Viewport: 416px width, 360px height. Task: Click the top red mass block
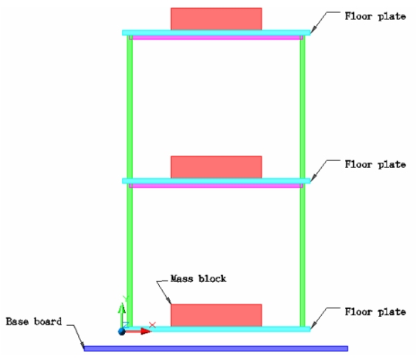tap(216, 19)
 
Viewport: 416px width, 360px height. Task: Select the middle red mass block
tap(216, 167)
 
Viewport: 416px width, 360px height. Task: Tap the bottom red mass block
tap(216, 315)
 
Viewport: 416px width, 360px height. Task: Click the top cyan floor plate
tap(216, 33)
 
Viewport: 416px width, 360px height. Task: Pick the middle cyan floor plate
tap(216, 181)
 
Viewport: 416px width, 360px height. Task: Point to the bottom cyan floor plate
tap(216, 329)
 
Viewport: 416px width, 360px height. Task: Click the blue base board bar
tap(216, 348)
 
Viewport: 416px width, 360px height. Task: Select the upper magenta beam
tap(216, 38)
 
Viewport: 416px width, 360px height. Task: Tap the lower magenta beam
tap(216, 186)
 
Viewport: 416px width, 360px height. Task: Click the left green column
tap(130, 181)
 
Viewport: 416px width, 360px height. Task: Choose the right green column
tap(303, 181)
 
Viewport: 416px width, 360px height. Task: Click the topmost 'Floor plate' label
tap(375, 16)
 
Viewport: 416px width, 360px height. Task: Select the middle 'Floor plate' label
tap(375, 164)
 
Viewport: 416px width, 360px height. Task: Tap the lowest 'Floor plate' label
tap(375, 311)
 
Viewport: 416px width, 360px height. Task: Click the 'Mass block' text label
tap(198, 279)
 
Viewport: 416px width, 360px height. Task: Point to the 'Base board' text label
tap(34, 321)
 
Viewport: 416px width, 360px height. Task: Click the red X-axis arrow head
tap(146, 331)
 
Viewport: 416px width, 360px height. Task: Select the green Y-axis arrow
tap(122, 315)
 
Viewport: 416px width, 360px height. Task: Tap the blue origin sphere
tap(122, 331)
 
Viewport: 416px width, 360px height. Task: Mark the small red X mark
tap(153, 325)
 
